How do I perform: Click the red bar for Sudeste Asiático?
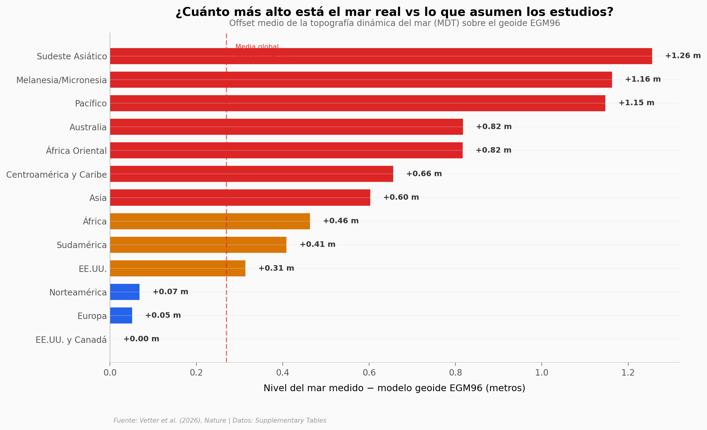381,56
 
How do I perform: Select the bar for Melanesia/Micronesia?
361,80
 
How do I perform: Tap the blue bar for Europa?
121,315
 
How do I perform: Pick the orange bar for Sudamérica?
198,245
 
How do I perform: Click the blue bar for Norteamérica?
125,292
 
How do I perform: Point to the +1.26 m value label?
683,56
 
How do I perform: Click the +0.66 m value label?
424,174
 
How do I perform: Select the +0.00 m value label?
141,339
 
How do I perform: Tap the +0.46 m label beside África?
340,221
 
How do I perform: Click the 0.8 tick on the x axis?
455,373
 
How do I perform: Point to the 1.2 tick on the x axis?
628,373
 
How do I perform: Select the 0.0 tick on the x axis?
110,373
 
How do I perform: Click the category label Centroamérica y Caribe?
57,175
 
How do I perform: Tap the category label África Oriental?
76,151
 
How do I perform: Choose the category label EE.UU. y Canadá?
71,340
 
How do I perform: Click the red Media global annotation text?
257,47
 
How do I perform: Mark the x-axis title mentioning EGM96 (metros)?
394,388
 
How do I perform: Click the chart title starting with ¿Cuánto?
394,12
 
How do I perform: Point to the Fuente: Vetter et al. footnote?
220,421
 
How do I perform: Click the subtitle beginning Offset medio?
394,23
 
